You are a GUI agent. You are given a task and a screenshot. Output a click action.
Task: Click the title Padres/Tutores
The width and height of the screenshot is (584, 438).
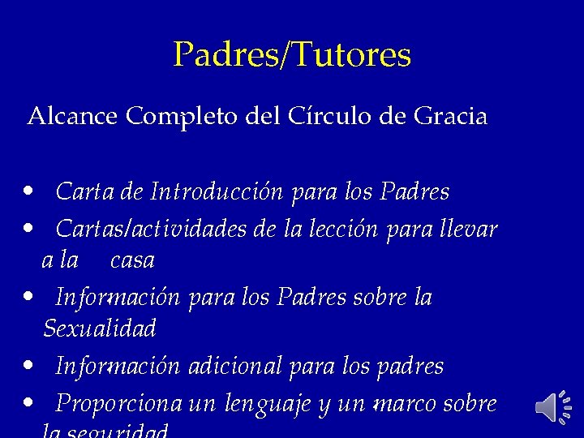tap(292, 55)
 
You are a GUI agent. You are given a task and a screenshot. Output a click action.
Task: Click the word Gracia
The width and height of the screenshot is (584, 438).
tap(450, 117)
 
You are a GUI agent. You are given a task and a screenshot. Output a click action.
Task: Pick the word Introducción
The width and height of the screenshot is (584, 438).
tap(217, 192)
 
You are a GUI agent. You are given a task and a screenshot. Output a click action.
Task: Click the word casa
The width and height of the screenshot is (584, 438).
tap(131, 260)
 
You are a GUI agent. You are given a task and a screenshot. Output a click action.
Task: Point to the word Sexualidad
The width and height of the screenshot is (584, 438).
tap(99, 328)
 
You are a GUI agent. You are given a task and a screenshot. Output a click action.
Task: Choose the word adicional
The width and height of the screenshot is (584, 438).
tap(234, 367)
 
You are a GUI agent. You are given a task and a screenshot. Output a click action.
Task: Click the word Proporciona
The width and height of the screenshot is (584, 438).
tap(120, 404)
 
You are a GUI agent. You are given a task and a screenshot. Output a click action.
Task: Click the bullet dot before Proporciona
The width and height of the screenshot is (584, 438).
tap(29, 401)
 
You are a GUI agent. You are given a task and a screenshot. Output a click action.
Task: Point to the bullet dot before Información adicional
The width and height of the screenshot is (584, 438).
tap(29, 364)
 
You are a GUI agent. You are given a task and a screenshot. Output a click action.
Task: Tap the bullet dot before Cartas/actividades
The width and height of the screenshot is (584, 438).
tap(29, 228)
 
